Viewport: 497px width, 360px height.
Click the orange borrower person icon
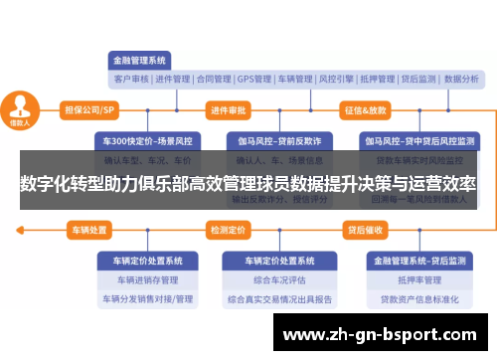[20, 108]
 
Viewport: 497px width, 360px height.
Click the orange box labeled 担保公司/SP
[88, 109]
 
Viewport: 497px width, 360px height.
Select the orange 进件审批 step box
[229, 109]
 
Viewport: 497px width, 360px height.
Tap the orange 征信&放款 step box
[365, 109]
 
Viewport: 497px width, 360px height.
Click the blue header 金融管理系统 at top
[140, 59]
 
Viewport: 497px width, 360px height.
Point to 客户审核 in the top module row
[131, 79]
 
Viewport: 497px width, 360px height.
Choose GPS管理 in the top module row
[254, 79]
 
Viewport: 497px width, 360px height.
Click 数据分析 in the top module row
[461, 79]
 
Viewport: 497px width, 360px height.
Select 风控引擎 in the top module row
[337, 79]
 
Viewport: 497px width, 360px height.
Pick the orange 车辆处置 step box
[87, 230]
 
